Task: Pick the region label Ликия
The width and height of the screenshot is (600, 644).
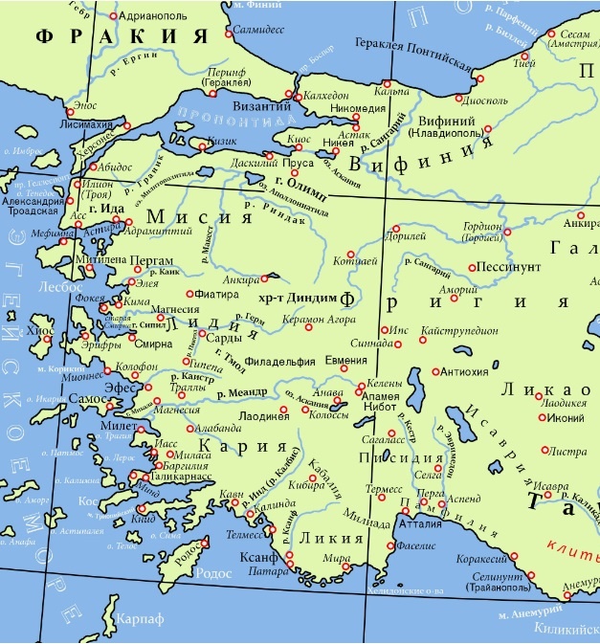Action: point(319,538)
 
